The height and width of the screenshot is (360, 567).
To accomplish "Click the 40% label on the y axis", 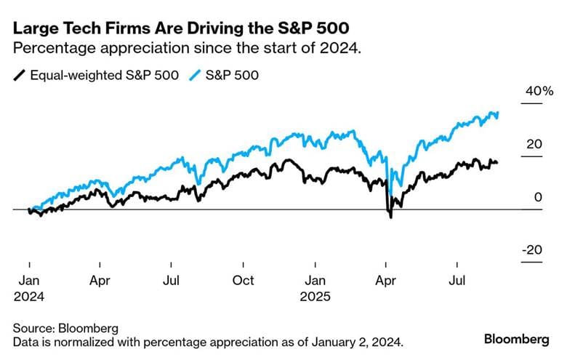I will (x=539, y=92).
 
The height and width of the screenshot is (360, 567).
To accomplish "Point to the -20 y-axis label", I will (x=532, y=249).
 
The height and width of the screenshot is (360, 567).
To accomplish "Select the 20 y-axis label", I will (x=535, y=144).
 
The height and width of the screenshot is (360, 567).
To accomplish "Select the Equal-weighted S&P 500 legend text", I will (x=105, y=74).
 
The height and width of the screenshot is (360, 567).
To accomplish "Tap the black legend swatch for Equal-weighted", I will (x=20, y=74).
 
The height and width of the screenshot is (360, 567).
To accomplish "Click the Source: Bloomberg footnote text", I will (x=65, y=328).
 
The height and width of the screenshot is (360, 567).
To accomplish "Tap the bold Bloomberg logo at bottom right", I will (x=516, y=340).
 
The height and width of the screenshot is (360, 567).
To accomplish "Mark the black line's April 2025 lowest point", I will (x=390, y=217).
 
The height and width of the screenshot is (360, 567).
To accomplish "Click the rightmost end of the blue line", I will (x=498, y=113).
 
